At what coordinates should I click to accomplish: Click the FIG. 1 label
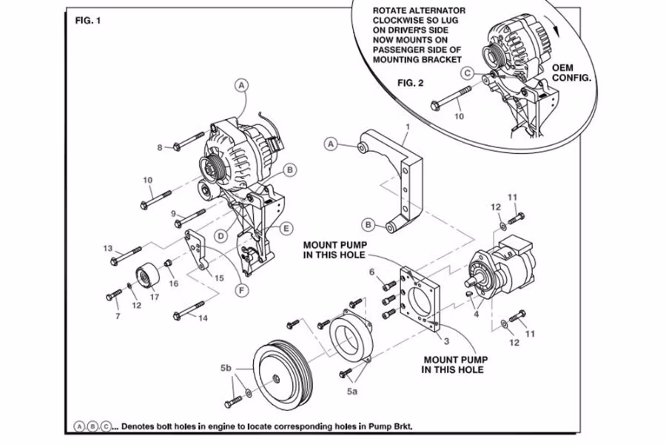(88, 20)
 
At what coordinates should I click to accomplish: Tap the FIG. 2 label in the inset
(411, 82)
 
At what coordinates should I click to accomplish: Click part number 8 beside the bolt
(159, 148)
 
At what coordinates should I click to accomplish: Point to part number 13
(108, 248)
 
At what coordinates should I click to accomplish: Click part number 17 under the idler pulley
(155, 297)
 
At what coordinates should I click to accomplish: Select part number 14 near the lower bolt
(203, 319)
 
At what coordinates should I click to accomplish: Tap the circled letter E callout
(286, 228)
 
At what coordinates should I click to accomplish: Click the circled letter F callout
(241, 291)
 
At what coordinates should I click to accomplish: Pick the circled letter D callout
(220, 236)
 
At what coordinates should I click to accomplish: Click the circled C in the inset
(466, 73)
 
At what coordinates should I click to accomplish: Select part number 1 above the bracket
(407, 127)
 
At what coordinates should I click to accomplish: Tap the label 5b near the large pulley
(226, 367)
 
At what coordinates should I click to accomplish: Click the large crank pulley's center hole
(275, 379)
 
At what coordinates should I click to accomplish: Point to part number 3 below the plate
(446, 341)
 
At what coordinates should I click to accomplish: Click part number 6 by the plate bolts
(372, 272)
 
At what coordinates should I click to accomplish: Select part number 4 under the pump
(476, 314)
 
